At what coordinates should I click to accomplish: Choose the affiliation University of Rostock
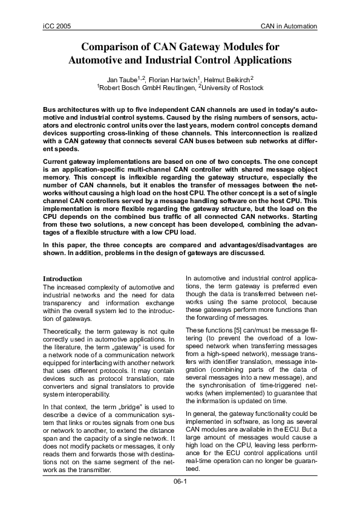[233, 88]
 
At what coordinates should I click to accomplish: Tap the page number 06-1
[180, 482]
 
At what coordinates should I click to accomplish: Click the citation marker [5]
[231, 329]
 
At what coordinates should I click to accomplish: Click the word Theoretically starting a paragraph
[64, 331]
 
